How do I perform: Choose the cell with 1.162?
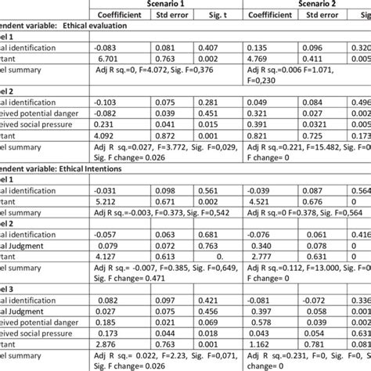tap(261, 343)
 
